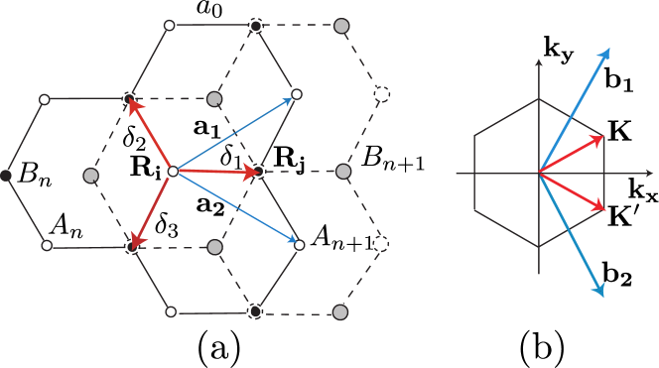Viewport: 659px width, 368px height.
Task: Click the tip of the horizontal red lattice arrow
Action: (x=255, y=172)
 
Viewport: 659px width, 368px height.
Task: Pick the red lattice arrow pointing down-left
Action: (x=153, y=207)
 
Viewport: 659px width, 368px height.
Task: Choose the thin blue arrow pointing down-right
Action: (x=236, y=207)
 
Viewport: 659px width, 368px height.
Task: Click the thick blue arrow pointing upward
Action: (x=575, y=109)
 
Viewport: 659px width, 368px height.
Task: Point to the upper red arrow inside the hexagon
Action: (x=572, y=155)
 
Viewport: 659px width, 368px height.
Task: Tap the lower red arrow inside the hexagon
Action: (x=572, y=191)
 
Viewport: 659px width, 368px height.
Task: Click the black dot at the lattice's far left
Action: (x=5, y=176)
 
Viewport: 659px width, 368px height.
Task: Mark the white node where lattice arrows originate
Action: (x=173, y=172)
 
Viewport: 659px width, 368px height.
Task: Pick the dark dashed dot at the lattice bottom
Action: (x=255, y=311)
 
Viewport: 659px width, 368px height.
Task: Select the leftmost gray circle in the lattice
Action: (x=91, y=176)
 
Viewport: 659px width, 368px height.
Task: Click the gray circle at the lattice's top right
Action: (x=341, y=26)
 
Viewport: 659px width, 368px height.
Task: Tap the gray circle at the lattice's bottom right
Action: (x=340, y=312)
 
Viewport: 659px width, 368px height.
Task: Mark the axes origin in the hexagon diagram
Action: (x=539, y=174)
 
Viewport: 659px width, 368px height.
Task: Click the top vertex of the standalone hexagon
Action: (x=539, y=98)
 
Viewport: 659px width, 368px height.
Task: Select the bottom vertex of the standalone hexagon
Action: (x=539, y=248)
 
